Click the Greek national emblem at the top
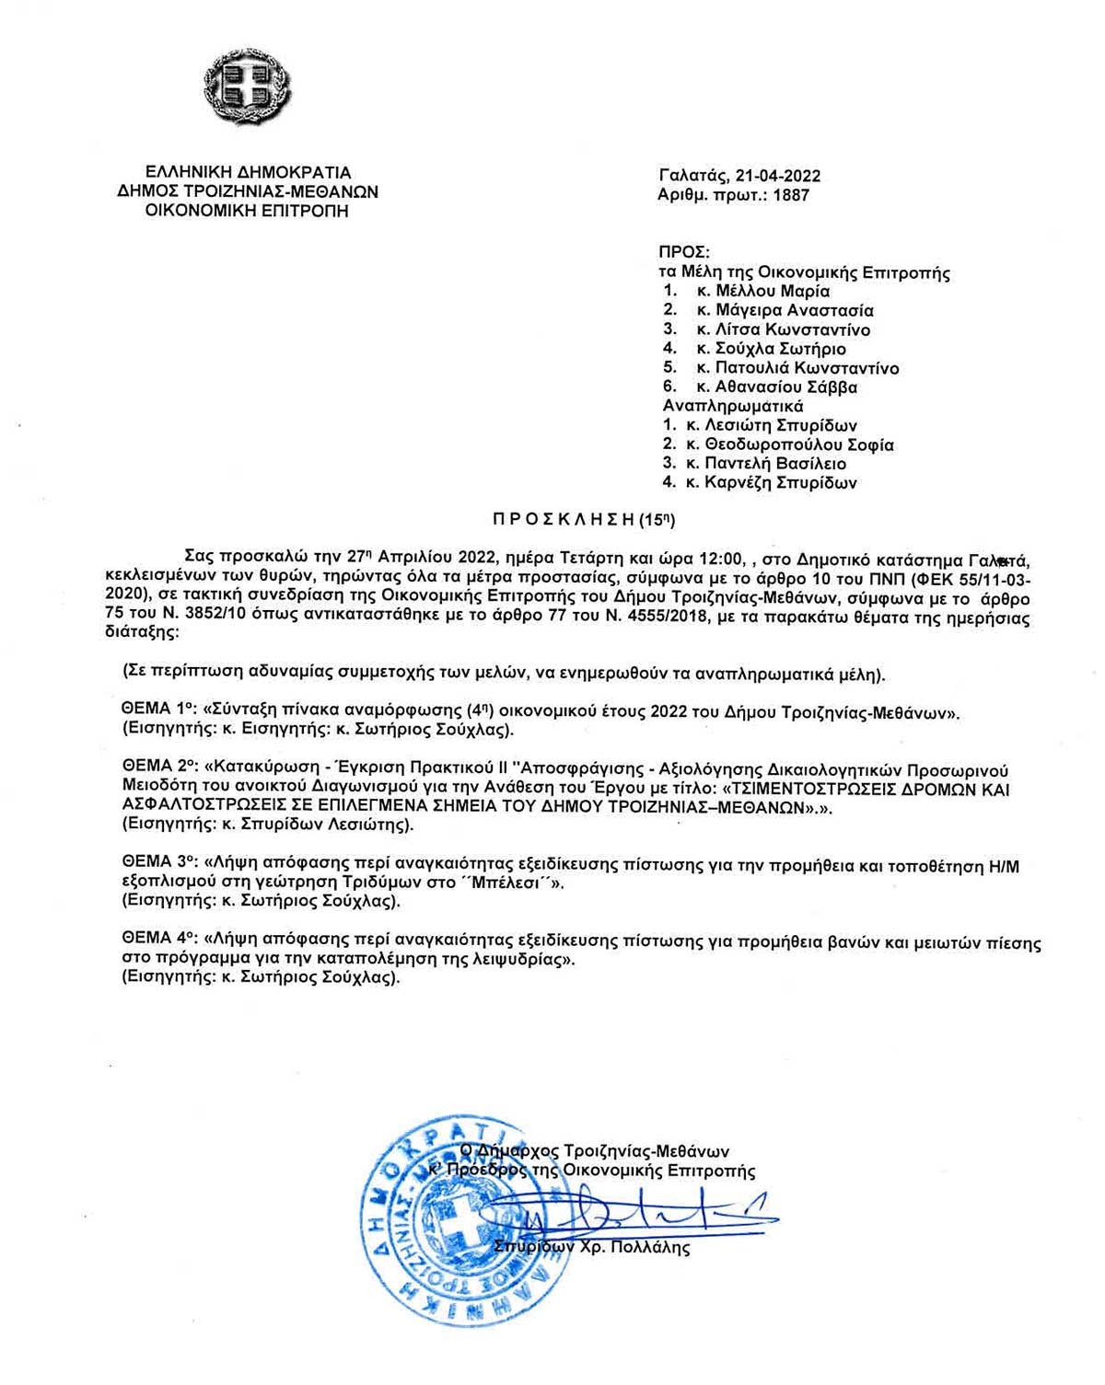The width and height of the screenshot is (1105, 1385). pyautogui.click(x=247, y=90)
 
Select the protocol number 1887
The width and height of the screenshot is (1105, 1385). pyautogui.click(x=791, y=195)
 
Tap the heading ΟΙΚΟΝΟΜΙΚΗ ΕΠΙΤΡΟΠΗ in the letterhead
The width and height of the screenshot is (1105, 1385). pyautogui.click(x=247, y=212)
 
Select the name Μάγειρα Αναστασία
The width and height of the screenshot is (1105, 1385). pyautogui.click(x=795, y=311)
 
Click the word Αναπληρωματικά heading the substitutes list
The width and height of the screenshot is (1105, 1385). pyautogui.click(x=733, y=407)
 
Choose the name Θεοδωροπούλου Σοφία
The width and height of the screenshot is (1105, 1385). pyautogui.click(x=799, y=445)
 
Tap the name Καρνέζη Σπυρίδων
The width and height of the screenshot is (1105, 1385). pyautogui.click(x=780, y=483)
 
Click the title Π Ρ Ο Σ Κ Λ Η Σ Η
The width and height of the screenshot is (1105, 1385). pyautogui.click(x=564, y=520)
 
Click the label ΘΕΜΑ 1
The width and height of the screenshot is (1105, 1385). pyautogui.click(x=158, y=710)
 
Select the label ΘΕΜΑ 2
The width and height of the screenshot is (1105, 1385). pyautogui.click(x=159, y=769)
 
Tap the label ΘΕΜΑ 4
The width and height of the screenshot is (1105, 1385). pyautogui.click(x=159, y=941)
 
